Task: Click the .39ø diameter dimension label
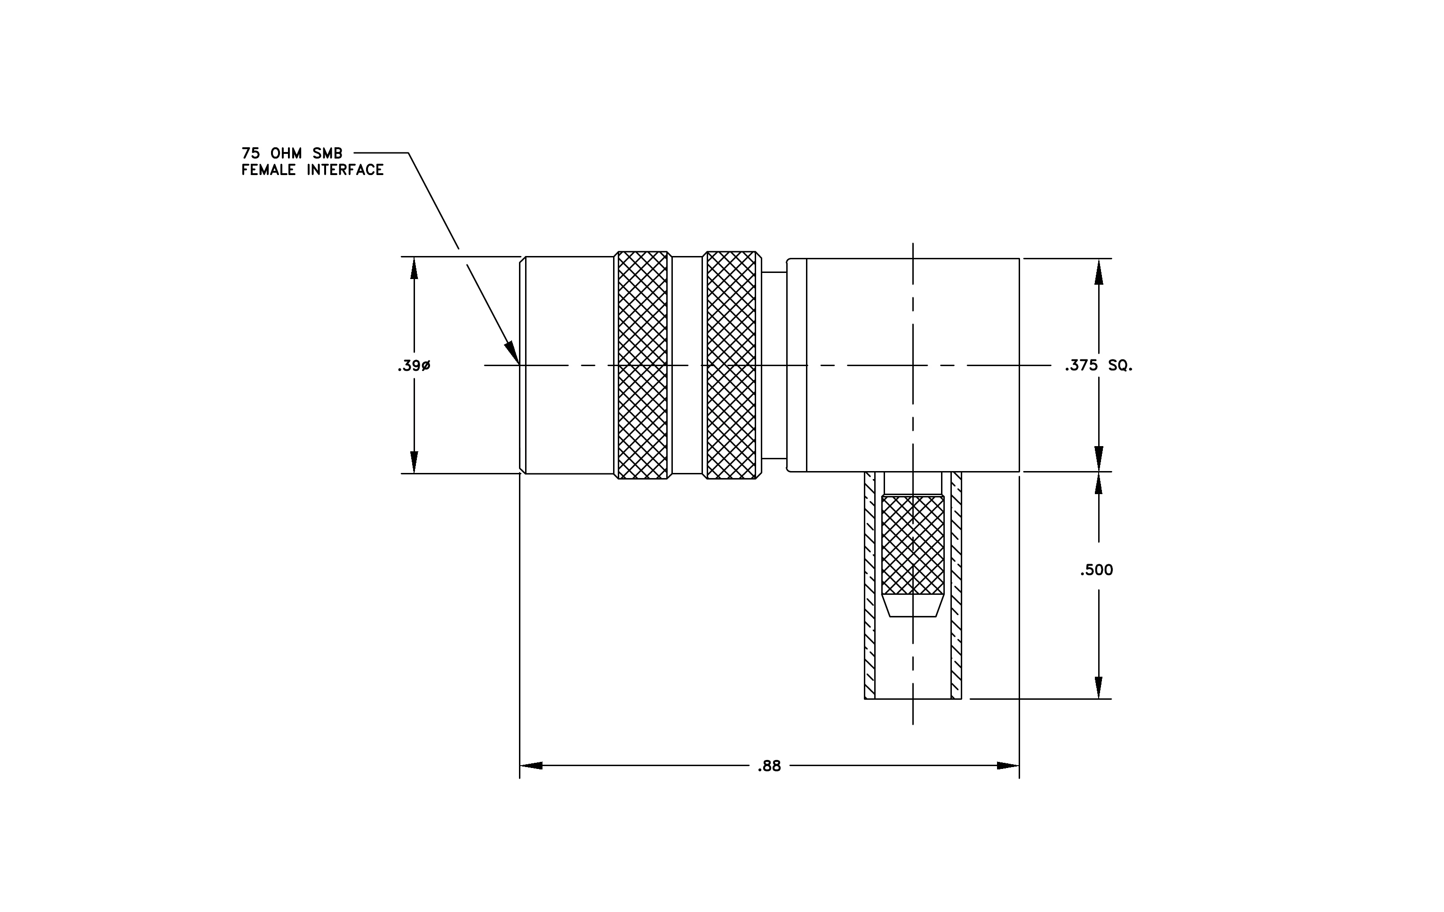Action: (x=414, y=366)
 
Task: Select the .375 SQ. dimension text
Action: (x=1099, y=366)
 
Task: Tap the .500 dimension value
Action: (x=1096, y=570)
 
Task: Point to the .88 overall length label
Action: (x=769, y=766)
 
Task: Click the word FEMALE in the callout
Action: (x=269, y=170)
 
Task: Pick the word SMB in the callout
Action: (x=327, y=153)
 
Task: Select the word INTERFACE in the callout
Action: (x=345, y=170)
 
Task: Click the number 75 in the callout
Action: (x=251, y=153)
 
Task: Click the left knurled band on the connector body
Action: (x=642, y=365)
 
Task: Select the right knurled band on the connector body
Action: (x=731, y=365)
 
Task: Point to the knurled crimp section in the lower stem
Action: (x=913, y=545)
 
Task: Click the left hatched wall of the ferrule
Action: (x=870, y=585)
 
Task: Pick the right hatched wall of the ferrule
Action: (x=957, y=585)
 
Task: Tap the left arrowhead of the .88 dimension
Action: (x=531, y=766)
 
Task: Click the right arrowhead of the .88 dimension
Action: (x=1008, y=766)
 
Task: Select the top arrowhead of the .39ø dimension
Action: (x=414, y=268)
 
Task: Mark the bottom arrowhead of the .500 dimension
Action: (x=1099, y=688)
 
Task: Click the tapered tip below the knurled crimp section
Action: (x=913, y=606)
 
